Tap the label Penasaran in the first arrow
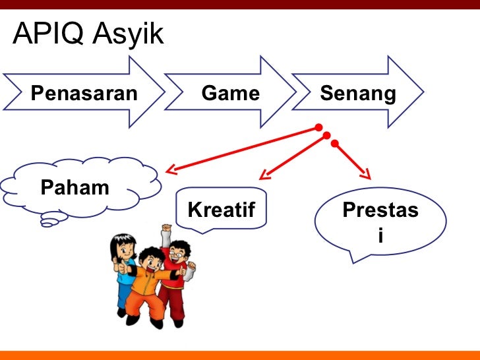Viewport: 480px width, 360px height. tap(84, 94)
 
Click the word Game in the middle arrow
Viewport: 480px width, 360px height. tap(231, 94)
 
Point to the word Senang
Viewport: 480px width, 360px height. tap(358, 94)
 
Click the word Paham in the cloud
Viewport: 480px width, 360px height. tap(75, 187)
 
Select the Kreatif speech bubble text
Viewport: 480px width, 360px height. tap(221, 210)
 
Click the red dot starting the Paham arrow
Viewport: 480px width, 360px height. tap(318, 127)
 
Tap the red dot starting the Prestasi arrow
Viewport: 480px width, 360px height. tap(334, 143)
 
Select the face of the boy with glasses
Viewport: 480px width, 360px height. tap(177, 254)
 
